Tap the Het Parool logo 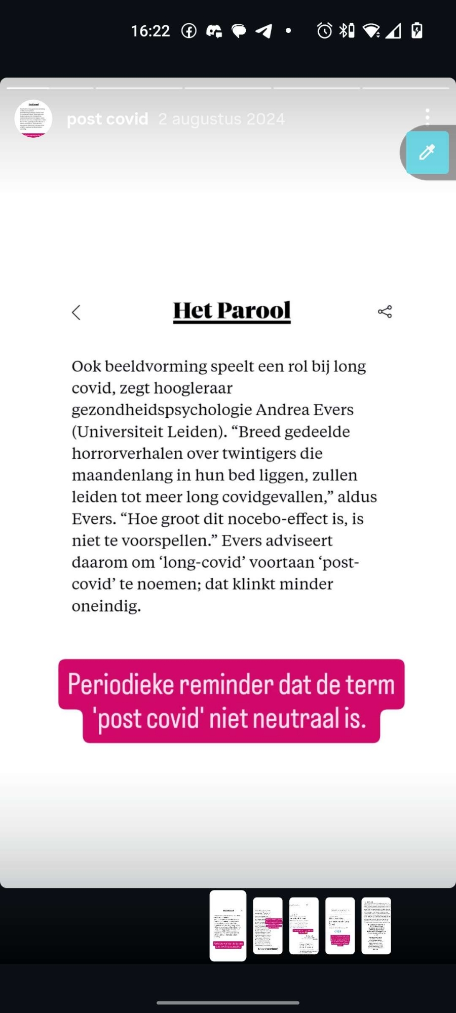click(232, 311)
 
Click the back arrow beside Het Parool click(77, 313)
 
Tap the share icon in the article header click(385, 311)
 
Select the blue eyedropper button click(427, 152)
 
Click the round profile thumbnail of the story click(33, 119)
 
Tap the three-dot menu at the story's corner click(428, 116)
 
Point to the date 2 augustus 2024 click(221, 119)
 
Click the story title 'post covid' click(107, 119)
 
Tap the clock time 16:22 click(150, 31)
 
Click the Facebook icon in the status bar click(189, 31)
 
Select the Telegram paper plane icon click(263, 31)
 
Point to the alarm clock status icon click(324, 31)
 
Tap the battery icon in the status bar click(417, 30)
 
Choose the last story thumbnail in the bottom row click(376, 926)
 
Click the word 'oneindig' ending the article click(106, 606)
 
